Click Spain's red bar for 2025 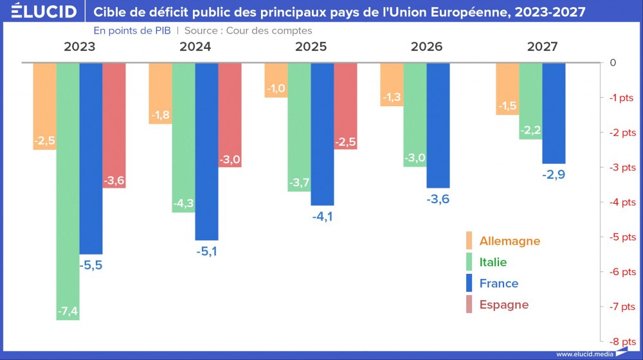[345, 103]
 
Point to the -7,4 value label [68, 312]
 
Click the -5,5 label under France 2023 [91, 265]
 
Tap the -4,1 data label [322, 217]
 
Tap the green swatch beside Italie [469, 262]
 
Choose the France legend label [498, 283]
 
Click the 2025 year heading [311, 47]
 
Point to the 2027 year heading [542, 47]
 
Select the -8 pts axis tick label [622, 341]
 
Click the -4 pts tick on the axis [622, 202]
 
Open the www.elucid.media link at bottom [584, 354]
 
